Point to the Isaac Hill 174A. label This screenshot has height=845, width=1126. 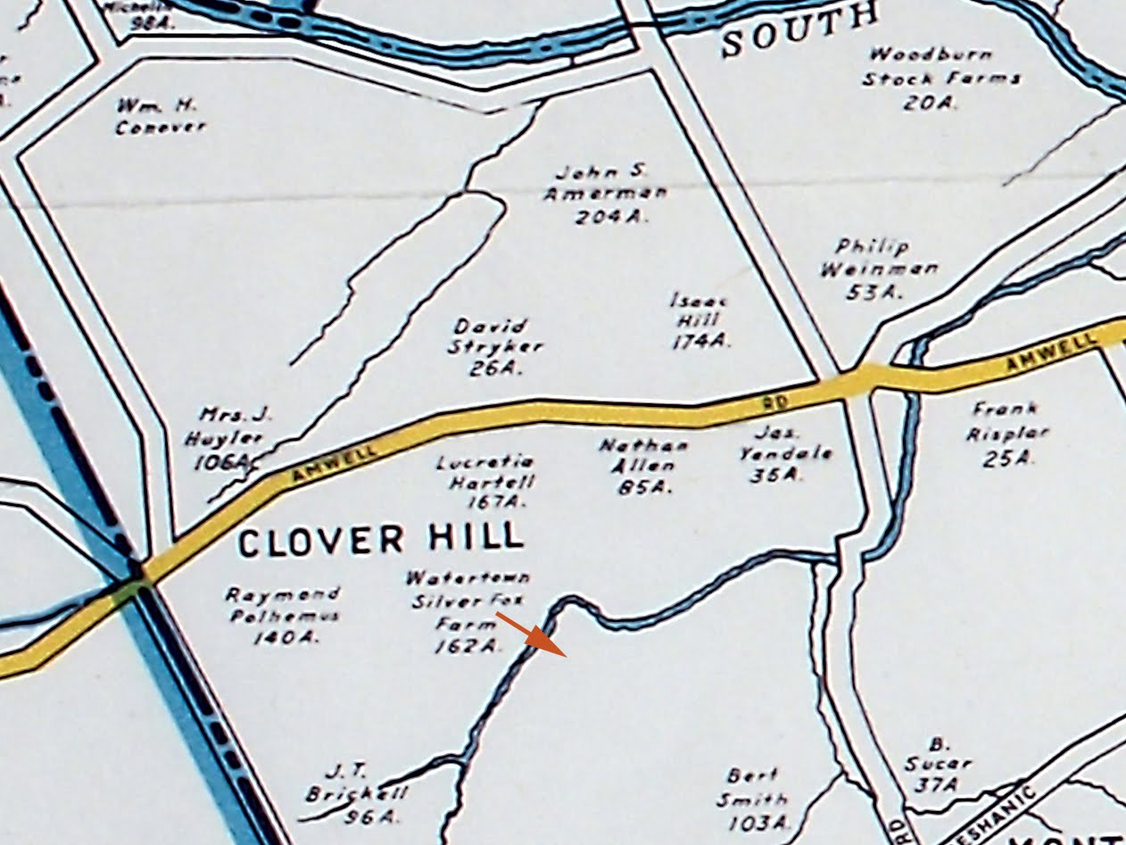tap(700, 320)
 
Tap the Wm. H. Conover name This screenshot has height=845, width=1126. tap(160, 116)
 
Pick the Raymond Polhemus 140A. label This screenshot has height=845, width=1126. tap(270, 615)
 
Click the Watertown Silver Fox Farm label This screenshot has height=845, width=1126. tap(468, 612)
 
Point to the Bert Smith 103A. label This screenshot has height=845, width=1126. tap(755, 799)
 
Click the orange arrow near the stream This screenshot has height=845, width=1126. tap(532, 634)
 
